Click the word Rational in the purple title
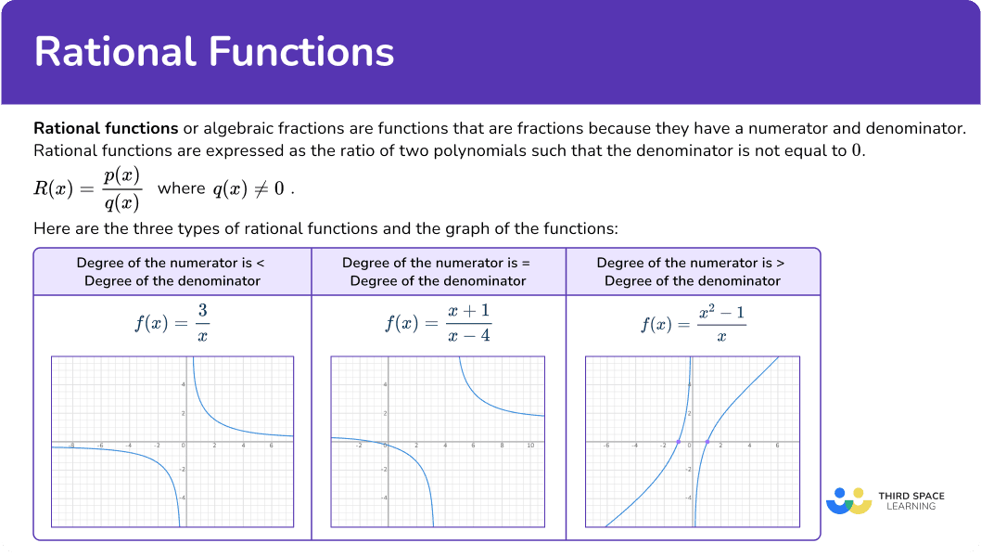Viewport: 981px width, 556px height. click(x=116, y=51)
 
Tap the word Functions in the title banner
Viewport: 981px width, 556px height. click(x=301, y=51)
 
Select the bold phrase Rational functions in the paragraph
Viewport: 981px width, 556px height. click(x=106, y=128)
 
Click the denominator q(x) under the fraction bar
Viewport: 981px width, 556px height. click(x=122, y=202)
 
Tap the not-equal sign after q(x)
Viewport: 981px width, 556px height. click(x=261, y=188)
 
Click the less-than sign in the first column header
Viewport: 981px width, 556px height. click(x=261, y=263)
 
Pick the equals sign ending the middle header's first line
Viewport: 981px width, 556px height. click(x=526, y=263)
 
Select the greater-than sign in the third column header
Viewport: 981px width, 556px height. click(x=780, y=263)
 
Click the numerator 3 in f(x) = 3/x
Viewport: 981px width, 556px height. click(x=203, y=310)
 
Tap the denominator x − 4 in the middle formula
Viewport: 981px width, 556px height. click(x=469, y=336)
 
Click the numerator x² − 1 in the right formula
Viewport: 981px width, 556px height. click(x=722, y=312)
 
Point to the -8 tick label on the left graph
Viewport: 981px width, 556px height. click(x=71, y=446)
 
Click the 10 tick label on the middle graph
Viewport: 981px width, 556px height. click(x=530, y=446)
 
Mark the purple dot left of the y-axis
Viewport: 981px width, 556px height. click(x=679, y=442)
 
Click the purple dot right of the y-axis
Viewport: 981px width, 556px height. click(x=707, y=442)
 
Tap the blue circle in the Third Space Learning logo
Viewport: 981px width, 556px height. click(x=840, y=494)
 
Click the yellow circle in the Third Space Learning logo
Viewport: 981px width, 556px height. click(x=859, y=494)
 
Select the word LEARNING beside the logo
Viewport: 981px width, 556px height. click(x=911, y=507)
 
